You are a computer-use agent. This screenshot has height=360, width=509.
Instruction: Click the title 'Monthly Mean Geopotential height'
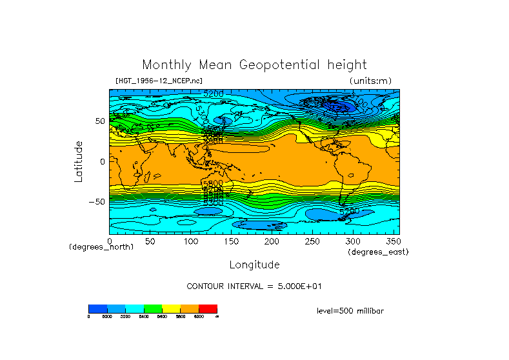(254, 65)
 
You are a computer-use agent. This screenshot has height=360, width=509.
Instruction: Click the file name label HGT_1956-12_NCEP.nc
(159, 81)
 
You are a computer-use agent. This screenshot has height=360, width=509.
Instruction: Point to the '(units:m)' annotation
(370, 81)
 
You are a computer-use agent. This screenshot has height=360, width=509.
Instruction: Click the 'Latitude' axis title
(79, 161)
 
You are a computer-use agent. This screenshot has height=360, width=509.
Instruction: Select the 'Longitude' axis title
(254, 265)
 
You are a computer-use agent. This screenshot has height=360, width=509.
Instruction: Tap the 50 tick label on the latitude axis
(99, 121)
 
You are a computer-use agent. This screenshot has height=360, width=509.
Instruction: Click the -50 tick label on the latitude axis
(97, 202)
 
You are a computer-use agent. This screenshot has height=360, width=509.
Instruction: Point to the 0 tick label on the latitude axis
(102, 161)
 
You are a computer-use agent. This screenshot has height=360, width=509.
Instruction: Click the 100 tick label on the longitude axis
(190, 241)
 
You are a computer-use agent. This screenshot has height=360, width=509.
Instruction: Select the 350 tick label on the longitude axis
(392, 241)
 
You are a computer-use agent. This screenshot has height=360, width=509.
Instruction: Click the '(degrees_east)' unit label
(378, 252)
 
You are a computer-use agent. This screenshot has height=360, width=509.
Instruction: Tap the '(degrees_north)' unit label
(101, 247)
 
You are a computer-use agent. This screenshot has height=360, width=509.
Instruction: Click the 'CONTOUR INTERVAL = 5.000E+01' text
(254, 286)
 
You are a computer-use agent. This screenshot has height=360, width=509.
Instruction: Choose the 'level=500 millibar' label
(350, 311)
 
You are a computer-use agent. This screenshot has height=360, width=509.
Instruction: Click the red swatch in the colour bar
(208, 308)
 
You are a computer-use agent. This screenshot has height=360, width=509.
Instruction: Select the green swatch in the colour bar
(152, 308)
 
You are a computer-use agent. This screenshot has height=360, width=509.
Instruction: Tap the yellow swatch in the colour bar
(171, 308)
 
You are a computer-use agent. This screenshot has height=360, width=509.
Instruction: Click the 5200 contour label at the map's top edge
(213, 94)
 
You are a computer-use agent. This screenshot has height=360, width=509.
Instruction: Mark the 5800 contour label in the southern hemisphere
(213, 183)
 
